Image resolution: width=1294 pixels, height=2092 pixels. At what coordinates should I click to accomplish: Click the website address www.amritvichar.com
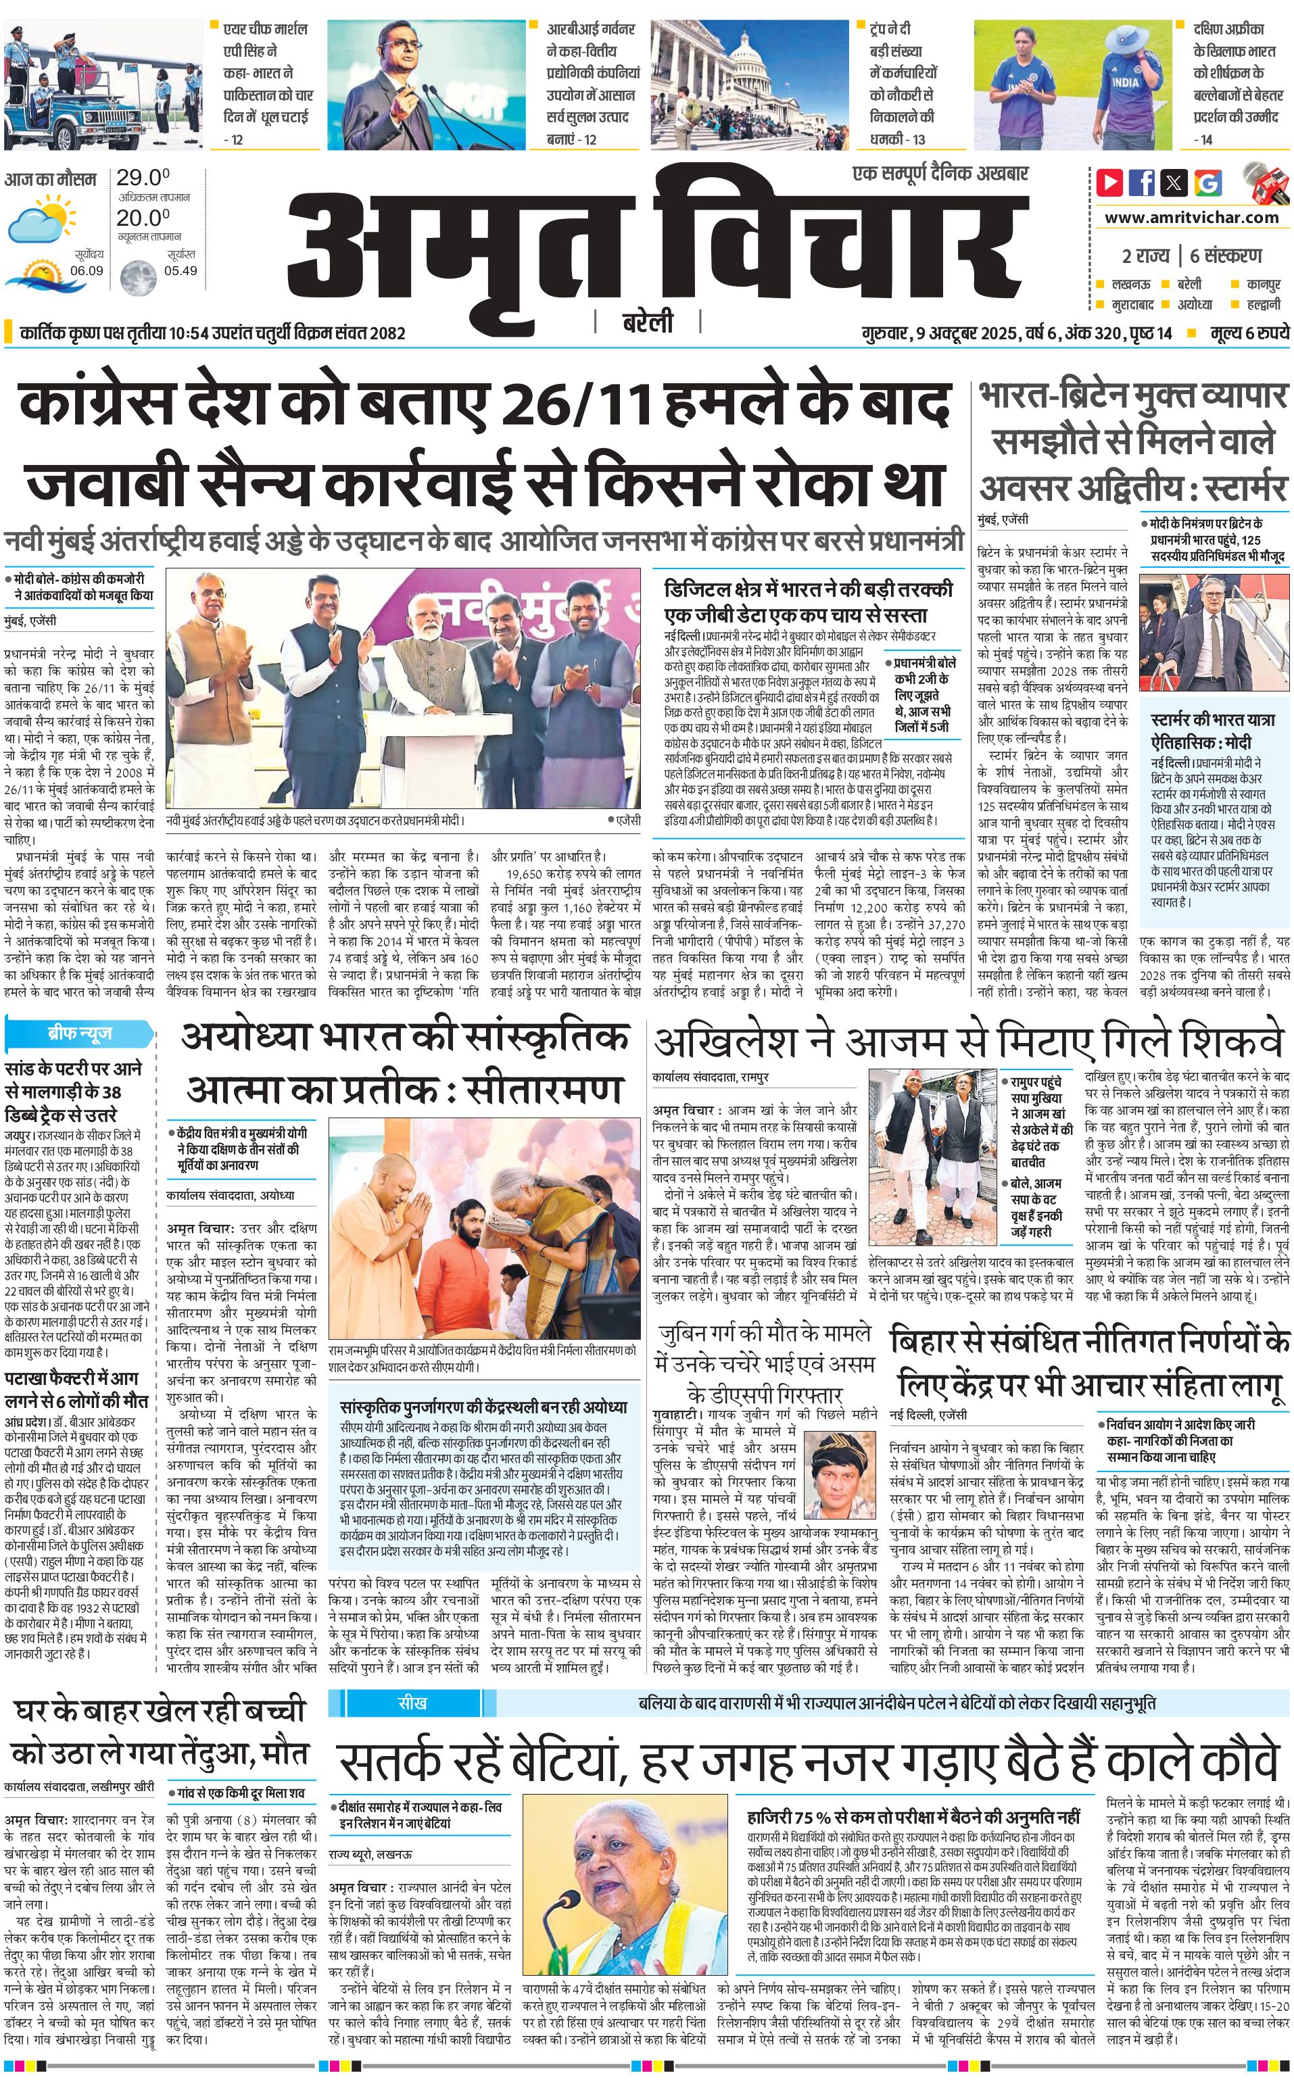coord(1191,218)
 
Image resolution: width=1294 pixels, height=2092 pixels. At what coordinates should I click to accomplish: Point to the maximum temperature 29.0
coord(143,178)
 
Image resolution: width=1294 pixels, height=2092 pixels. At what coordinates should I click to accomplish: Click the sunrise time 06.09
coord(87,270)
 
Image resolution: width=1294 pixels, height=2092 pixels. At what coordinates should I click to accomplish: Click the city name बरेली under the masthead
coord(647,322)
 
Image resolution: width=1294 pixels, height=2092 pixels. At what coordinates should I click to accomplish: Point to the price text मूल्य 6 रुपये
coord(1249,332)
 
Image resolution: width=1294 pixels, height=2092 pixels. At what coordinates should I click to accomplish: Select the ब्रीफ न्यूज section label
coord(80,1033)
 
